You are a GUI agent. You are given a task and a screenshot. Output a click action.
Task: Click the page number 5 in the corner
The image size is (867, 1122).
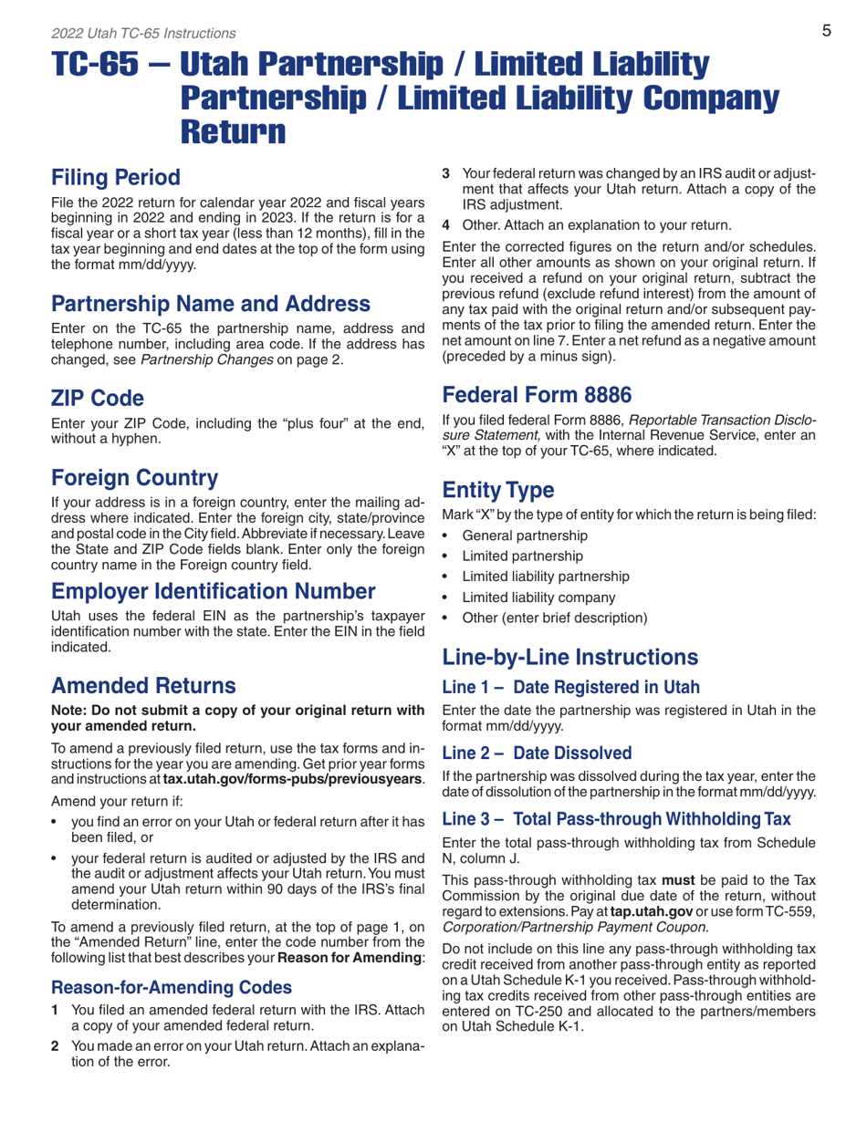coord(825,32)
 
